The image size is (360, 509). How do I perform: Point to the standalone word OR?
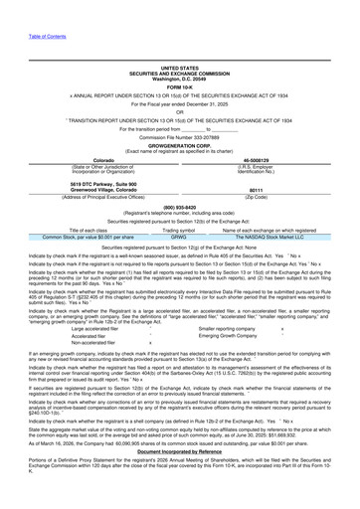point(180,111)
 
